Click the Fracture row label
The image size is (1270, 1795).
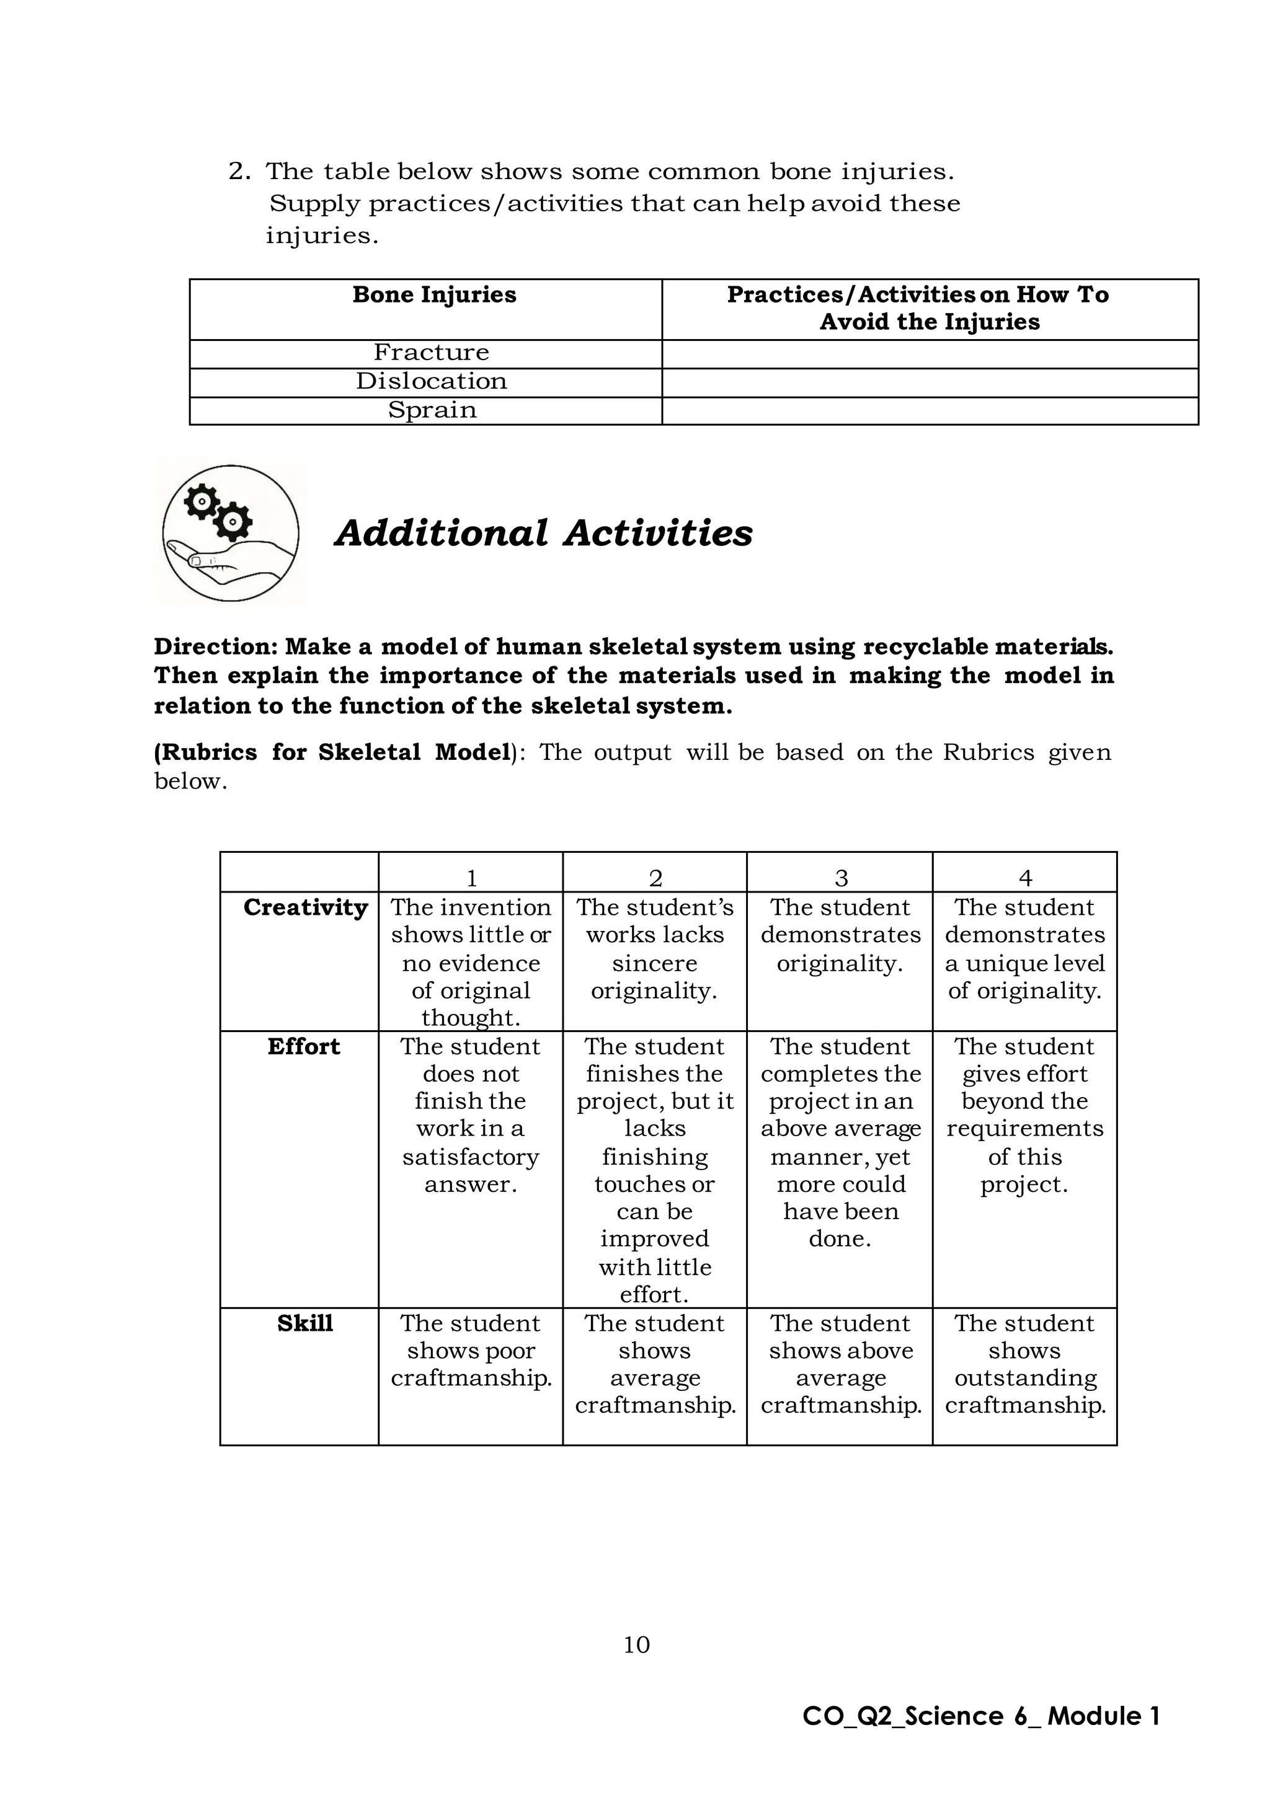click(431, 353)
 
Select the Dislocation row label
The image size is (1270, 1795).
click(431, 382)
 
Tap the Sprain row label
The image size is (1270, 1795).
click(432, 410)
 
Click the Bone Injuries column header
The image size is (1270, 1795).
click(434, 295)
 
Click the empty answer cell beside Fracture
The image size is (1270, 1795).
click(929, 353)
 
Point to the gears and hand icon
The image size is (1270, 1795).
click(231, 532)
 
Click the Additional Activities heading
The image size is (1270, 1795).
click(543, 533)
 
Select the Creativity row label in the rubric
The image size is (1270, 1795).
click(305, 907)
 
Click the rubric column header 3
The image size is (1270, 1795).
click(841, 878)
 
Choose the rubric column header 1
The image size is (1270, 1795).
click(471, 878)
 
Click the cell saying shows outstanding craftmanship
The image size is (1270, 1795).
click(1024, 1364)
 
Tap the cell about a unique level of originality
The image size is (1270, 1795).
click(1024, 949)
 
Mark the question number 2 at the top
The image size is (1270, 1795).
click(239, 171)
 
